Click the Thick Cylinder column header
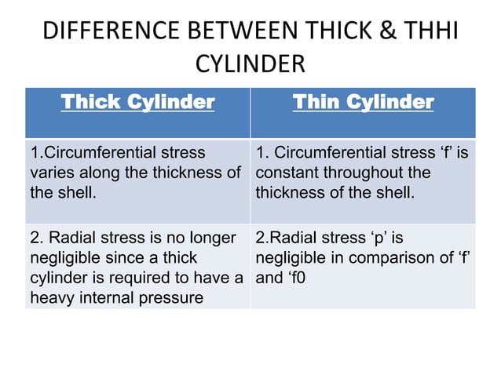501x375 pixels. tap(137, 102)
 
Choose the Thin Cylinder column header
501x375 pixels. tap(363, 102)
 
